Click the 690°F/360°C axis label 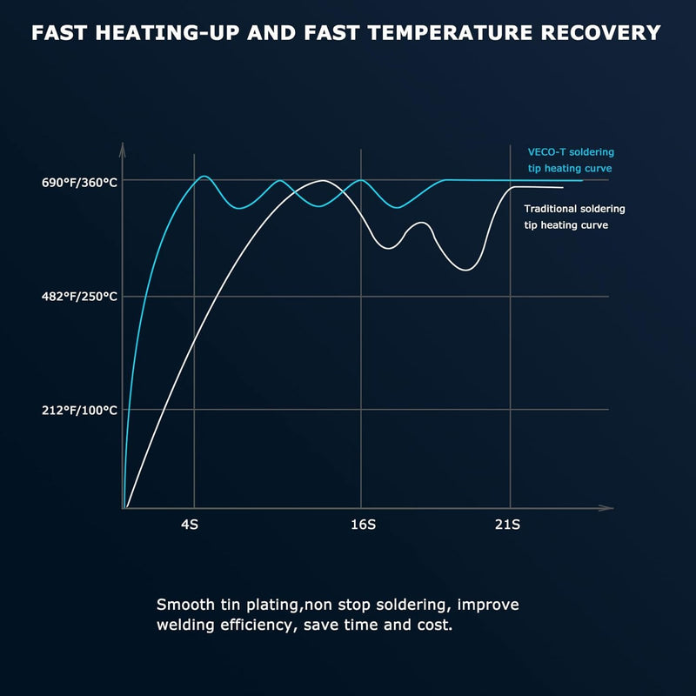pos(79,183)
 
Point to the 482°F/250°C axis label pos(79,297)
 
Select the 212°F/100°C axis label pos(79,410)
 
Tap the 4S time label pos(190,525)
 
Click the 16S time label pos(363,525)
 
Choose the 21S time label pos(507,525)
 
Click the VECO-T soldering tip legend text pos(571,160)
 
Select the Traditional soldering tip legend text pos(574,217)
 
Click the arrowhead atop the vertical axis pos(123,149)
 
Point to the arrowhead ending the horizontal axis pos(606,508)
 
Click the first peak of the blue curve pos(204,177)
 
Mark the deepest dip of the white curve pos(465,270)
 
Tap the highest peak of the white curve pos(323,181)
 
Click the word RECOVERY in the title pos(600,33)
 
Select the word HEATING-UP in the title pos(167,33)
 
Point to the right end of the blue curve pos(582,181)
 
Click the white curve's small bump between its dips pos(421,223)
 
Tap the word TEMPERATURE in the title pos(450,33)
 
